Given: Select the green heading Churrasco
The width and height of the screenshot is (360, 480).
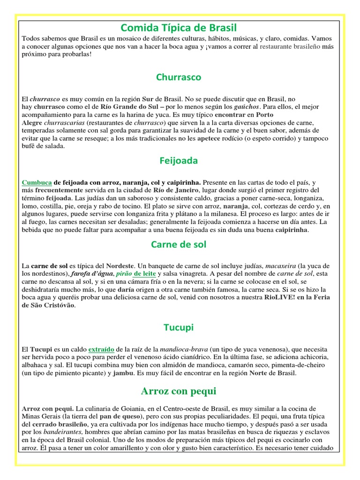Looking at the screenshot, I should [179, 77].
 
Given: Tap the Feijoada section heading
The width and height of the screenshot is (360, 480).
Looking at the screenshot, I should [179, 161].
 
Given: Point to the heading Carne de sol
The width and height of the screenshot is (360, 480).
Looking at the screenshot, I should [179, 244].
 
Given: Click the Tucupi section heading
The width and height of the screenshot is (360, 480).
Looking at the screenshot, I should [179, 328].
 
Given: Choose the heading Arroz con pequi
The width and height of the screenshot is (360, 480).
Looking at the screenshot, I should [179, 391].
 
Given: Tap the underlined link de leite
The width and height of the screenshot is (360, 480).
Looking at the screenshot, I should [145, 273].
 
